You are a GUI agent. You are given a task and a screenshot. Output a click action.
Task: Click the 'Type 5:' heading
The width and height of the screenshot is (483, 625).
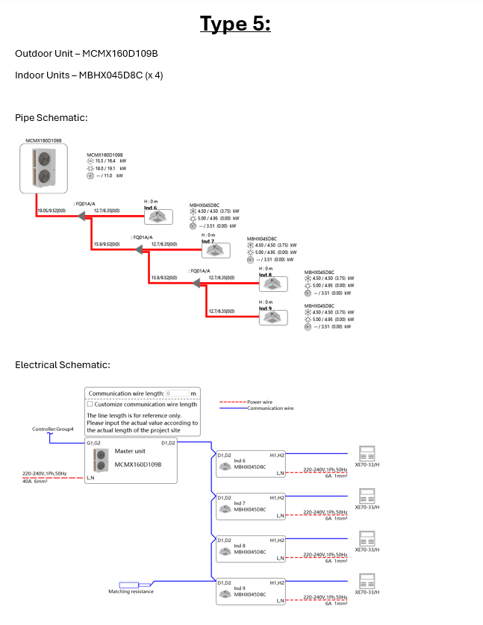[235, 24]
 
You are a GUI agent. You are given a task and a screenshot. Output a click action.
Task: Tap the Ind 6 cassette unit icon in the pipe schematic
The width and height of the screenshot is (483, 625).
[159, 217]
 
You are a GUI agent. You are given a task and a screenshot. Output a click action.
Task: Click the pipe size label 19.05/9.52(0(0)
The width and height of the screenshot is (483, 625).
[52, 212]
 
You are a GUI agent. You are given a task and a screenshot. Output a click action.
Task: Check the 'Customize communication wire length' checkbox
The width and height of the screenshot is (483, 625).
[90, 404]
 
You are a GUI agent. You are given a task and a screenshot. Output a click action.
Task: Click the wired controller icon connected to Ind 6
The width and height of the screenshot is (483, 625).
[367, 454]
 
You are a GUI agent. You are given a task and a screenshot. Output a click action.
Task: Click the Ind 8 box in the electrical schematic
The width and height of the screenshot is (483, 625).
[251, 548]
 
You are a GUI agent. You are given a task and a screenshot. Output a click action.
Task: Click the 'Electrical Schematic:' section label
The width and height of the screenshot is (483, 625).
[63, 364]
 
